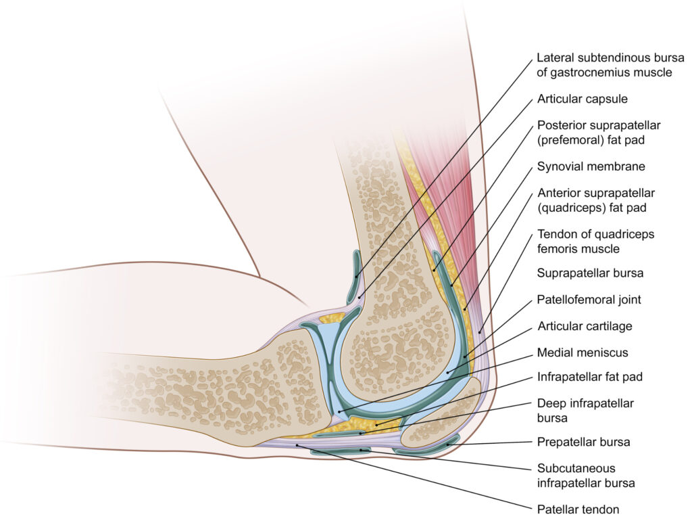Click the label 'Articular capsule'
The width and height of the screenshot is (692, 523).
pos(582,99)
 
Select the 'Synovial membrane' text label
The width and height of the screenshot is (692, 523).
pos(591,166)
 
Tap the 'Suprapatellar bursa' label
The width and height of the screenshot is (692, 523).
pos(590,273)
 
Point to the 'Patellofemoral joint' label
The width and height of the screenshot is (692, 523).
pos(589,299)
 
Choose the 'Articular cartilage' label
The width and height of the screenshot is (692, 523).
pos(585,326)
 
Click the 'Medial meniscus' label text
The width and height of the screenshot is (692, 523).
pos(582,353)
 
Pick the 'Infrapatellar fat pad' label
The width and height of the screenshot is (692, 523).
pos(589,377)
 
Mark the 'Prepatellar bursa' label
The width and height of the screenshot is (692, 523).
pos(583,442)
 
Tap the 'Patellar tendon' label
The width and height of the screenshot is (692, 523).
pos(578,509)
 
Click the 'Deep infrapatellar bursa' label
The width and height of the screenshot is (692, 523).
pos(585,410)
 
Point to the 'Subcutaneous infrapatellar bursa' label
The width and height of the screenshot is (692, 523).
pos(586,475)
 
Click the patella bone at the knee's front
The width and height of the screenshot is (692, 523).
pos(439,419)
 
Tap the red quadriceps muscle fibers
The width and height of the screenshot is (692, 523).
pos(439,196)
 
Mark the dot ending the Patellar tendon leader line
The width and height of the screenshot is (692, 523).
pos(297,445)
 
